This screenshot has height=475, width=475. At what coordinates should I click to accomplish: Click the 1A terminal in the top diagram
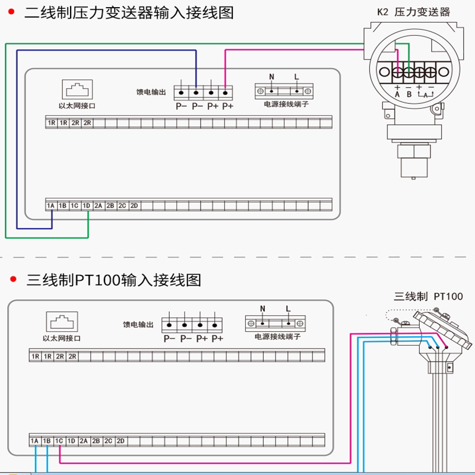click(50, 206)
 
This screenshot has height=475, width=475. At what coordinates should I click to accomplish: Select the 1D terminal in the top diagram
click(86, 206)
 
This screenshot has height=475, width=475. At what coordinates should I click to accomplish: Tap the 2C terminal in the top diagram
click(122, 206)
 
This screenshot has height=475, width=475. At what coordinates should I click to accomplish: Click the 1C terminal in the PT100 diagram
click(59, 441)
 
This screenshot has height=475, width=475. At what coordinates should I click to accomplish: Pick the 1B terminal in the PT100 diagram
click(47, 441)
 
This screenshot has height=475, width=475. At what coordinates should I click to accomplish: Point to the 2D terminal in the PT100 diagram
click(121, 441)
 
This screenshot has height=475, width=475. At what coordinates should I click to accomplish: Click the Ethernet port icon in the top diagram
click(77, 90)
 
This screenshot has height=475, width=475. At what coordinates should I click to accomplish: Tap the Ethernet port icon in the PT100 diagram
click(62, 322)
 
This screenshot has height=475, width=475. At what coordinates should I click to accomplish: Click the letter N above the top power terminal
click(272, 77)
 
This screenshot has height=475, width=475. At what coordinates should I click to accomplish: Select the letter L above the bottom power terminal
click(288, 309)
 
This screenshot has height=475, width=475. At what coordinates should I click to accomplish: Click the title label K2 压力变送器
click(413, 12)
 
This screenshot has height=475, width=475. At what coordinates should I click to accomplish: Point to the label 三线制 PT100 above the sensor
click(428, 296)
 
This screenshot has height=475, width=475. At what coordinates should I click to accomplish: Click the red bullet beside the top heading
click(11, 12)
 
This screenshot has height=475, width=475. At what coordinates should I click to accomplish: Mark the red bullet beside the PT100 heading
click(13, 279)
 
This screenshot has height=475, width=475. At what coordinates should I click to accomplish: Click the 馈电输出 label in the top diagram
click(151, 92)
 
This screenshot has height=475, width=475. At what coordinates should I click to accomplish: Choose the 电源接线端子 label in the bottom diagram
click(277, 337)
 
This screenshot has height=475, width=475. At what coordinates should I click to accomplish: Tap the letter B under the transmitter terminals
click(409, 94)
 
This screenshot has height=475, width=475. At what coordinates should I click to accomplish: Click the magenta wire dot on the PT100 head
click(446, 347)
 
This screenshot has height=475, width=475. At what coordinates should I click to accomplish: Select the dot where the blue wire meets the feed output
click(196, 93)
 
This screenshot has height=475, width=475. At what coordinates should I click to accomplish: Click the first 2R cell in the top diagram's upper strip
click(75, 123)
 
